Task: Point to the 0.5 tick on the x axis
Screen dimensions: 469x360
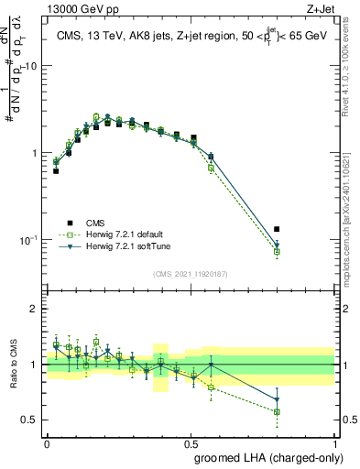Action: (x=191, y=442)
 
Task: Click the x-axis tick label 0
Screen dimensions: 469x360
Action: (x=47, y=442)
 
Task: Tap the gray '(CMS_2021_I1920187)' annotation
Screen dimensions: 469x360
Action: (x=191, y=272)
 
